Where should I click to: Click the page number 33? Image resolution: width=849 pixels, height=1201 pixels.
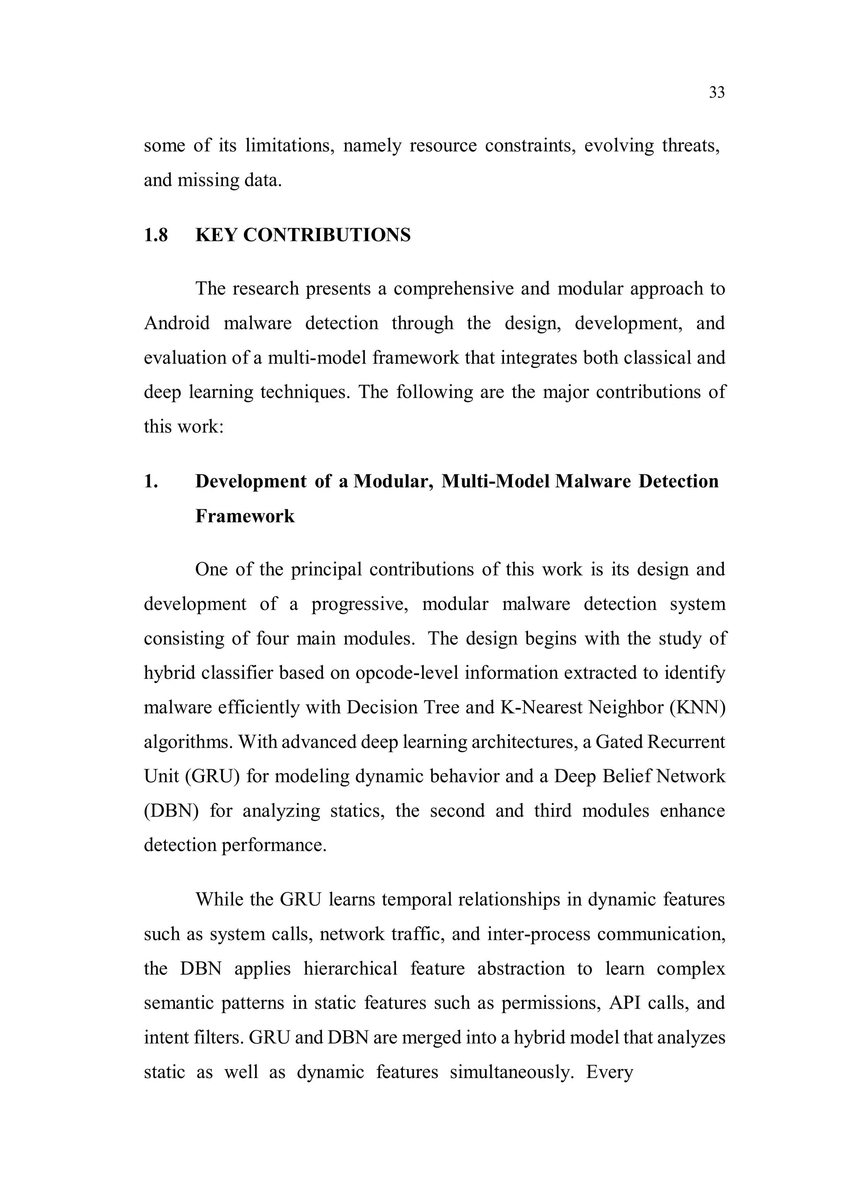pos(717,92)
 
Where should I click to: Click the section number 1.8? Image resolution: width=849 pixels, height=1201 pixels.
pos(156,236)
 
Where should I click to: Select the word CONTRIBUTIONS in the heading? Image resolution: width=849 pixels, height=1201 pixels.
pos(327,236)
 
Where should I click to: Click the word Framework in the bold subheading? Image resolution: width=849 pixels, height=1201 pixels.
pos(245,516)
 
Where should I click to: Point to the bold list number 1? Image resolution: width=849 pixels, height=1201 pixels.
pos(150,481)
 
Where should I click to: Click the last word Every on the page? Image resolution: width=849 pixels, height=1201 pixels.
pos(609,1072)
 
